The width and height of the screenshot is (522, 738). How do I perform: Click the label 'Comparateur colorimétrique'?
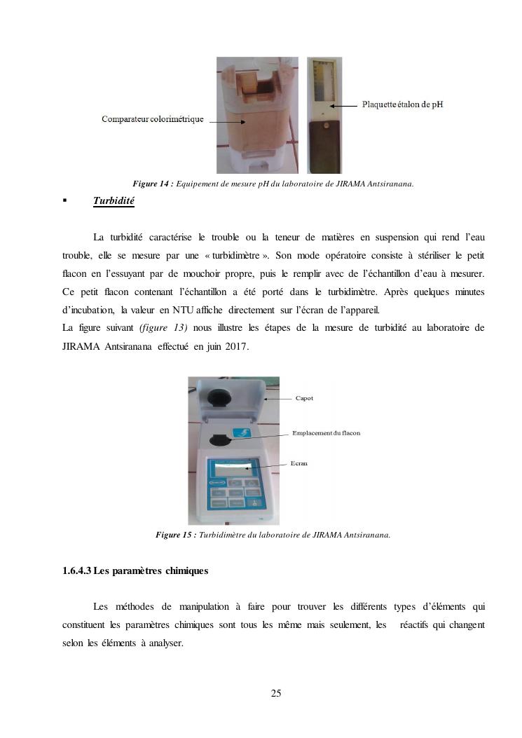[152, 119]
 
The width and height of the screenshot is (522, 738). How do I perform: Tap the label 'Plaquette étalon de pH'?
[402, 105]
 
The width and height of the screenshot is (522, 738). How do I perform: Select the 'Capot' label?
[304, 398]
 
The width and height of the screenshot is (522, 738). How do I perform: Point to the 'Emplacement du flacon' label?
[326, 433]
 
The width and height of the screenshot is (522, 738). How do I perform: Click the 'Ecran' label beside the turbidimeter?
[299, 463]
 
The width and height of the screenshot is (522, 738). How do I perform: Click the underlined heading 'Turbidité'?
[114, 202]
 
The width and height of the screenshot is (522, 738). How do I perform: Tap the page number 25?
[276, 694]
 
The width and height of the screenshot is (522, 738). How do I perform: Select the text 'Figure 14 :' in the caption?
[153, 184]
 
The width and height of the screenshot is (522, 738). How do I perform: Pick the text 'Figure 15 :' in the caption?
[176, 535]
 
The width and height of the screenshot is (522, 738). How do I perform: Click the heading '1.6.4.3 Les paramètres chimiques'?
[135, 571]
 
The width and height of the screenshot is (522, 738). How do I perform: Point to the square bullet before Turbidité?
[64, 201]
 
